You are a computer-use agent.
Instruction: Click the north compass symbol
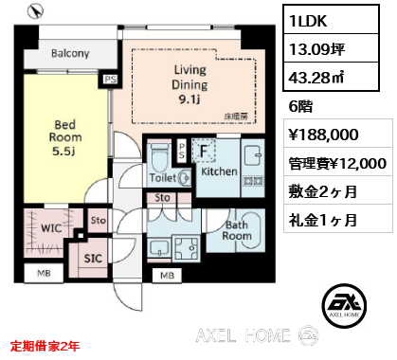35,11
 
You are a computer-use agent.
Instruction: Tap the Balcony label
70,53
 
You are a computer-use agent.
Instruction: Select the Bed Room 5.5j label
65,137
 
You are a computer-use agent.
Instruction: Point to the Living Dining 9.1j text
189,84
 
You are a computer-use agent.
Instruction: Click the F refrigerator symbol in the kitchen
204,151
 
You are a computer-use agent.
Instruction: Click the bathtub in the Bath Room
250,230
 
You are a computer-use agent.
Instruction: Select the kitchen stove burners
253,181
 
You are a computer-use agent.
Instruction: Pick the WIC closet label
51,228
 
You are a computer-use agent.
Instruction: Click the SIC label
93,259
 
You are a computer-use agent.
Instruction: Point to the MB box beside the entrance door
167,276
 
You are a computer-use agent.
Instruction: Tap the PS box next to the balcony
110,80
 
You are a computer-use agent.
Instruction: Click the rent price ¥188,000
324,135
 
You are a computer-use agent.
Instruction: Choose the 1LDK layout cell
331,20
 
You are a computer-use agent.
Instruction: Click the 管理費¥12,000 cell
337,164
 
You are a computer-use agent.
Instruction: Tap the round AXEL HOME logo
345,305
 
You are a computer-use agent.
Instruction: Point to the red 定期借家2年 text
45,346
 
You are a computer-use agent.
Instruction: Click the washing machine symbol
187,248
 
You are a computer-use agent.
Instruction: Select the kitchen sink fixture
252,154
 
